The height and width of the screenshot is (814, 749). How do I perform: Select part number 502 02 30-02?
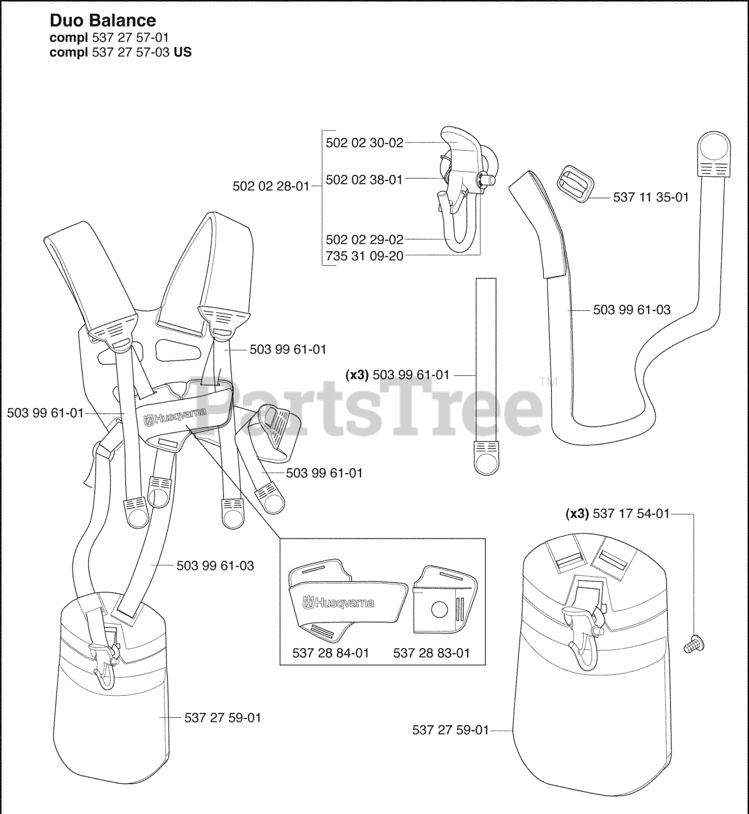point(364,143)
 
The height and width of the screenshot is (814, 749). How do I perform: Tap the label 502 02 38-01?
point(364,180)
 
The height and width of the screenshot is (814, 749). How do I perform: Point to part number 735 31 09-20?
point(364,257)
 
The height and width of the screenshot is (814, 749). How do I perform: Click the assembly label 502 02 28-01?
point(271,186)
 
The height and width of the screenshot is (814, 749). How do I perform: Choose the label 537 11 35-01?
point(650,198)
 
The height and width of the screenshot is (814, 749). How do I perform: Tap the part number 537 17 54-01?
point(631,513)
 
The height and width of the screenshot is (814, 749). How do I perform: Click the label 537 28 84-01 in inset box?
point(331,652)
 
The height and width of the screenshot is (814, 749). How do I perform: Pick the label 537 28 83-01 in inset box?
point(432,652)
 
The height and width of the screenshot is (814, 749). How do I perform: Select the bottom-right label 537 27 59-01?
point(450,730)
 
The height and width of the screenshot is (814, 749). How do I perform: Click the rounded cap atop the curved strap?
point(715,148)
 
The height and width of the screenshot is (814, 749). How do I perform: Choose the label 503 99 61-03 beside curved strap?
point(631,310)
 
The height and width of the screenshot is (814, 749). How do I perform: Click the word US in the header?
point(183,52)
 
